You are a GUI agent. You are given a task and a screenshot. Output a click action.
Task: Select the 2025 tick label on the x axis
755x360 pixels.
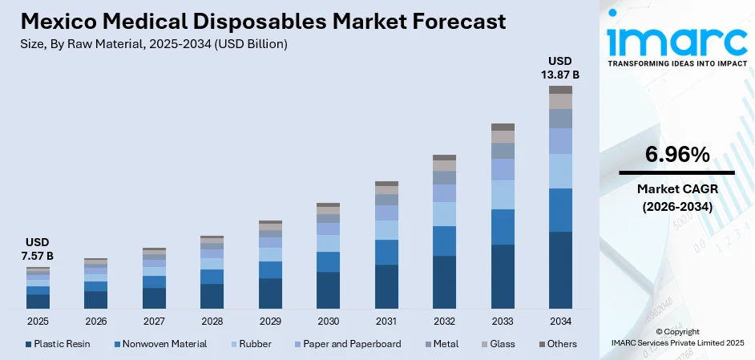coord(38,321)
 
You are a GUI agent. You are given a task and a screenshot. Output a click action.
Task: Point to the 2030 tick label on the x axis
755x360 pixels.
coord(328,321)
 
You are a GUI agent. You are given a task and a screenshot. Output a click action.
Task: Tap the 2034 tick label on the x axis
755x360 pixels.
coord(560,321)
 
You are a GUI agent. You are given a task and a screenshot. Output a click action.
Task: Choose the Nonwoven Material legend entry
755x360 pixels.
coord(159,344)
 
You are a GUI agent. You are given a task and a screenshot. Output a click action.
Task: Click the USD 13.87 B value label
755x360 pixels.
coord(560,67)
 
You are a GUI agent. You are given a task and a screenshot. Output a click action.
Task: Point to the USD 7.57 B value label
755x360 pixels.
coord(38,249)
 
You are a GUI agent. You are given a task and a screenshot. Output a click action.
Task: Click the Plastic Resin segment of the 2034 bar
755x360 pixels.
coord(560,270)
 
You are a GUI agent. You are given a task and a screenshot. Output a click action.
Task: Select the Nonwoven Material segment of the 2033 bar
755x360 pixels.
coord(503,227)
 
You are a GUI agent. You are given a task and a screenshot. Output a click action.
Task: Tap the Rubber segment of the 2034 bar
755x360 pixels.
coord(560,171)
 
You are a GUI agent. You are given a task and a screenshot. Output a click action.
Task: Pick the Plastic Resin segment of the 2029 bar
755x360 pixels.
coord(270,293)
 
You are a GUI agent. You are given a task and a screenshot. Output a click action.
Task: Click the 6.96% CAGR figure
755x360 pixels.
coord(676,155)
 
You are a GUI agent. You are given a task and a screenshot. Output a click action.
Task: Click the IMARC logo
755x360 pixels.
coord(676,40)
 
